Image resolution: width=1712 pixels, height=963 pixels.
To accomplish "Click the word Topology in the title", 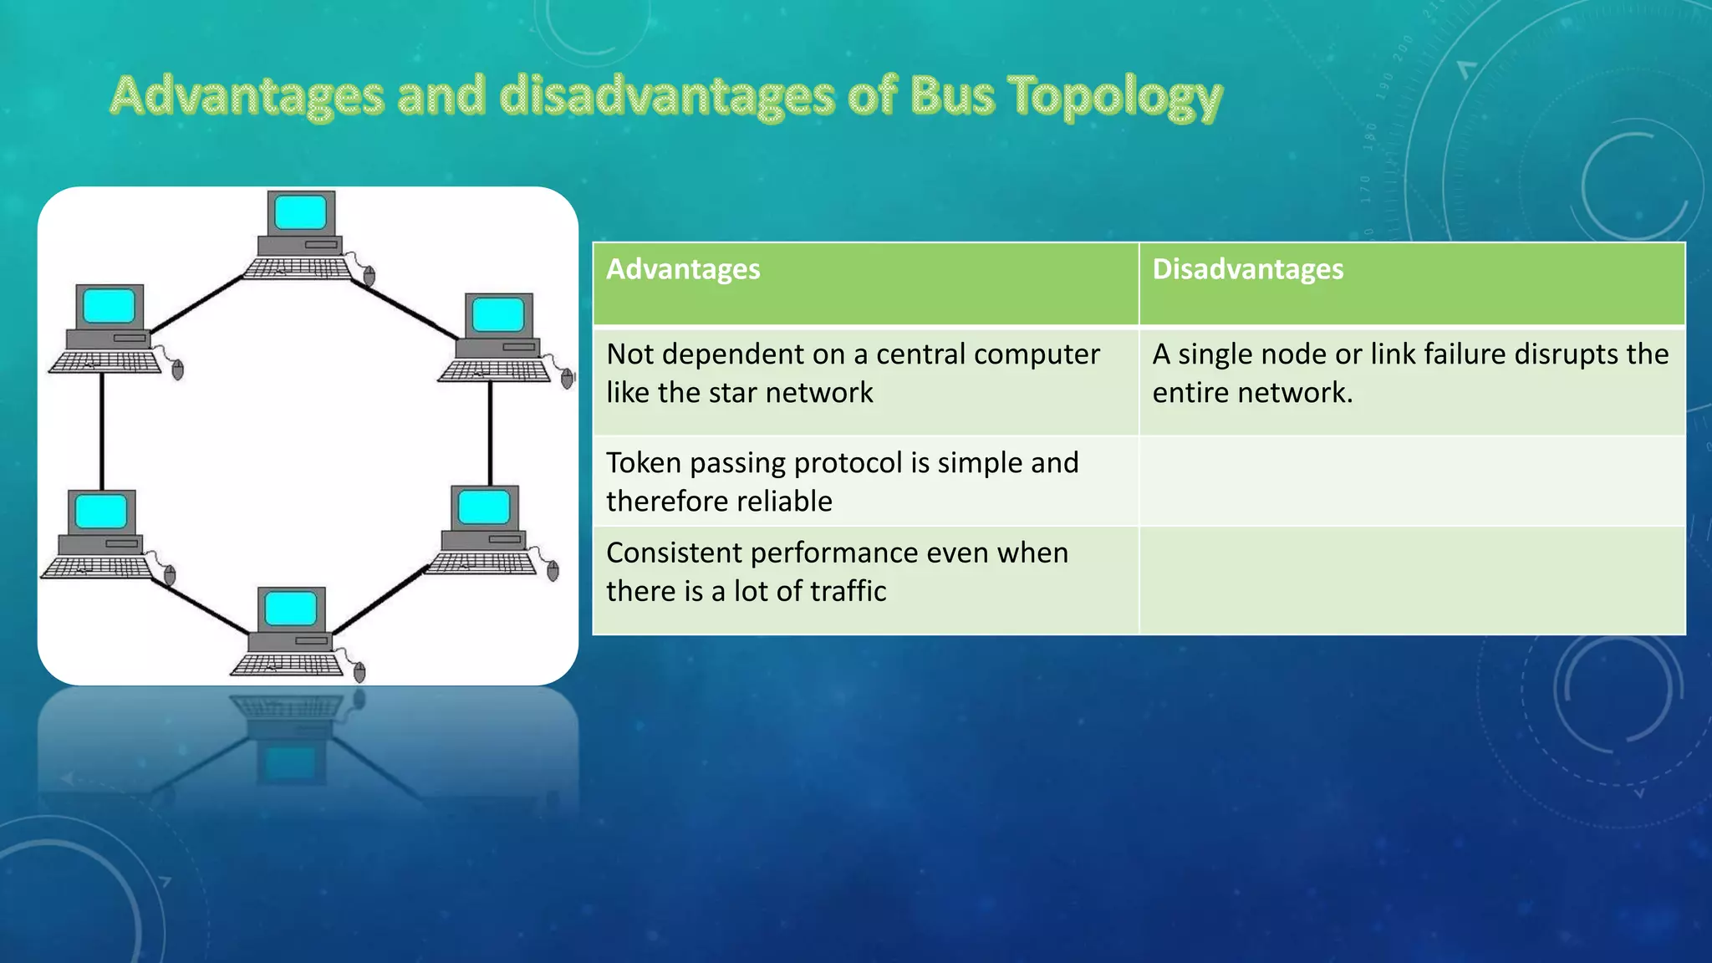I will pyautogui.click(x=1116, y=96).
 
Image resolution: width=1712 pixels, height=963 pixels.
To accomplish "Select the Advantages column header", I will pyautogui.click(x=683, y=269).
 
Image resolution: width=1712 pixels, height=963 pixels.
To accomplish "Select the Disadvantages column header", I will pyautogui.click(x=1247, y=269).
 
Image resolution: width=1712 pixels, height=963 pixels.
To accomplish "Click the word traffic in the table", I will pyautogui.click(x=852, y=591).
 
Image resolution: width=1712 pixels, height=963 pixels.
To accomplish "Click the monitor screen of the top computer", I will pyautogui.click(x=301, y=212).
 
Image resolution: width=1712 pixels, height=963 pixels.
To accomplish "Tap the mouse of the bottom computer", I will pyautogui.click(x=359, y=671).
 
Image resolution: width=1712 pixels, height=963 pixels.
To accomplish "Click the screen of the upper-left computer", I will pyautogui.click(x=110, y=306).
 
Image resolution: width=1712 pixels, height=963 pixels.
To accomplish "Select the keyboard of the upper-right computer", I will pyautogui.click(x=493, y=370).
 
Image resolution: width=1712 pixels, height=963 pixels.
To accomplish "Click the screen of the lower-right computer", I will pyautogui.click(x=484, y=507).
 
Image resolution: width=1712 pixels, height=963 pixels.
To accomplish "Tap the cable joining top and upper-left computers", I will pyautogui.click(x=196, y=305).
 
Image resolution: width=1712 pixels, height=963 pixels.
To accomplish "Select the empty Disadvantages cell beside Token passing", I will pyautogui.click(x=1412, y=481).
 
